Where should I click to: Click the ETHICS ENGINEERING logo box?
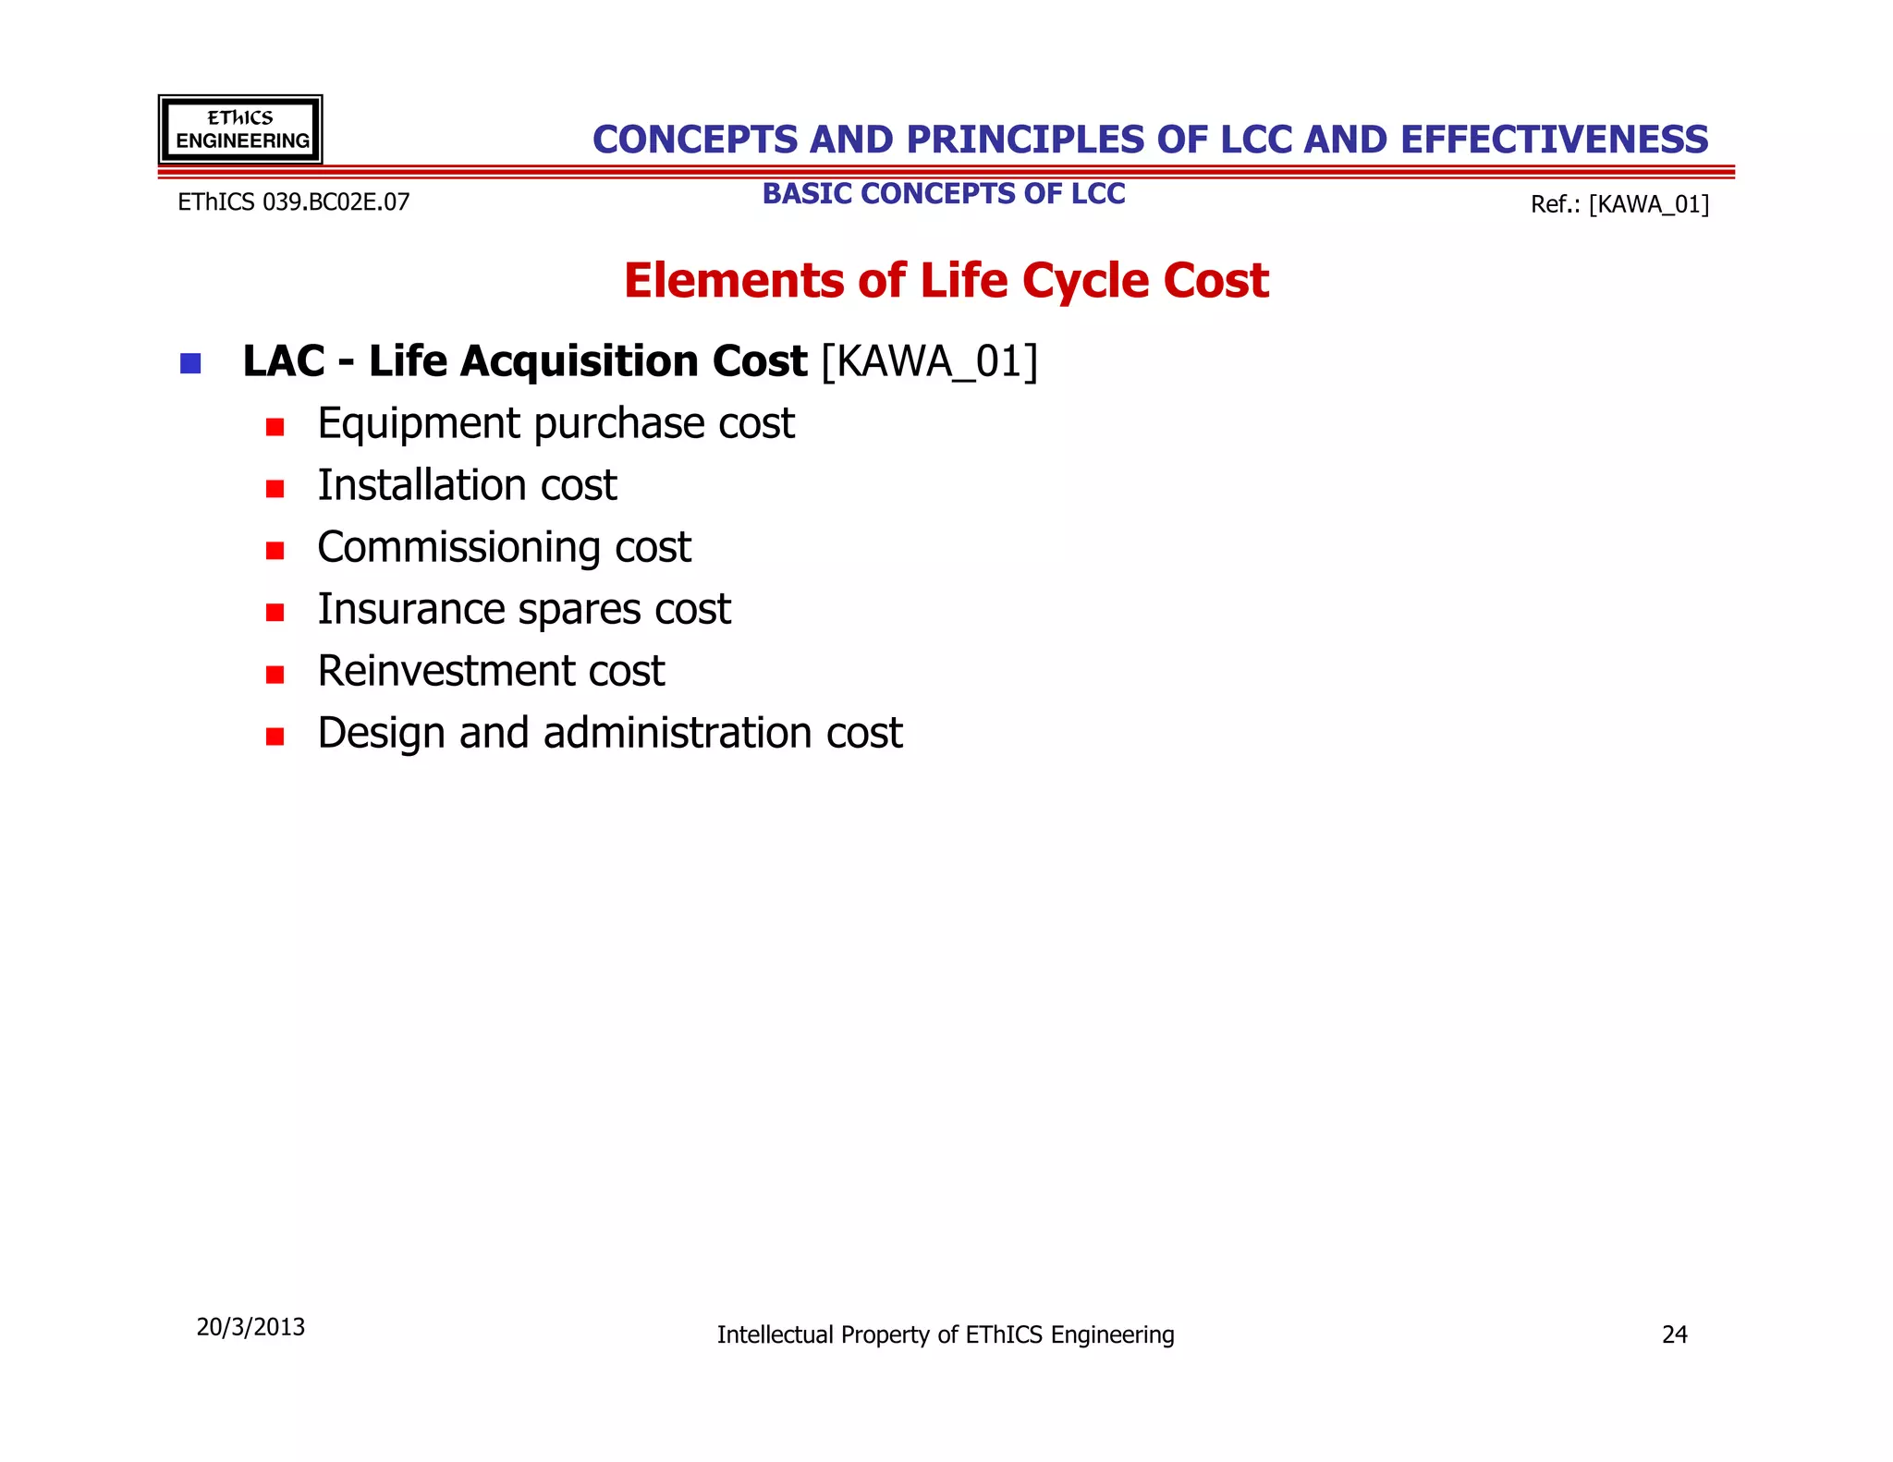pyautogui.click(x=240, y=129)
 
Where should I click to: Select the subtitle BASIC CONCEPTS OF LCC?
pyautogui.click(x=944, y=194)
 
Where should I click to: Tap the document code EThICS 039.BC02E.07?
pyautogui.click(x=293, y=202)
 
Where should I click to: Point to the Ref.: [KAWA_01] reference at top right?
pyautogui.click(x=1619, y=204)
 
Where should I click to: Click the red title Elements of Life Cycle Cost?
pyautogui.click(x=946, y=280)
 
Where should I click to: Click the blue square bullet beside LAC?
pyautogui.click(x=190, y=363)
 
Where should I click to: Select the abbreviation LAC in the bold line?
pyautogui.click(x=284, y=361)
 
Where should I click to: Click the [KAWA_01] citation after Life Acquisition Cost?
pyautogui.click(x=930, y=361)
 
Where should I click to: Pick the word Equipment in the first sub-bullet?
pyautogui.click(x=419, y=424)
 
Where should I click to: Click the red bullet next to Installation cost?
pyautogui.click(x=275, y=488)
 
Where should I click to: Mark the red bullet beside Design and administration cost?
pyautogui.click(x=275, y=736)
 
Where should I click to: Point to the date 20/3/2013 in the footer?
pyautogui.click(x=250, y=1327)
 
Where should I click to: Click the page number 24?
pyautogui.click(x=1674, y=1334)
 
